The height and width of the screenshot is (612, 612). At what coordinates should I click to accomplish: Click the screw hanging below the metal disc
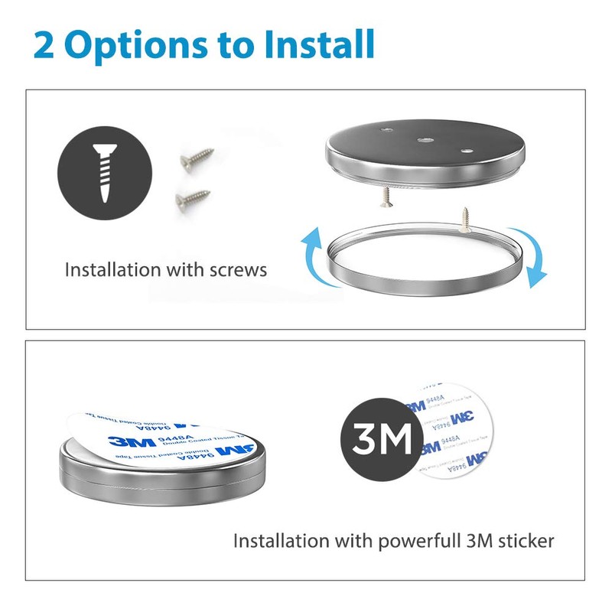click(x=384, y=197)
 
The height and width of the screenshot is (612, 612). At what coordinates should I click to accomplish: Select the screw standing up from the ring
click(x=465, y=216)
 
